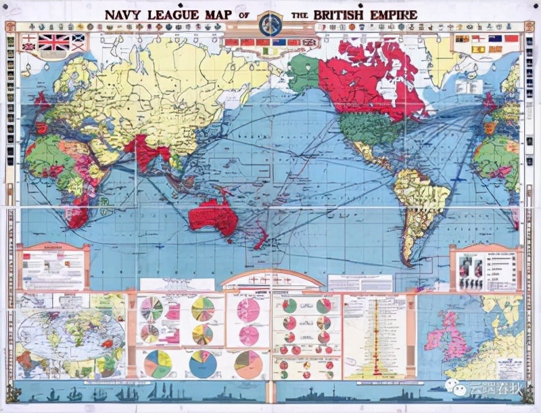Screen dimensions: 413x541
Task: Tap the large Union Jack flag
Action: pos(53,43)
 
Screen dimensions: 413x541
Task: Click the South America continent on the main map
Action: pos(419,203)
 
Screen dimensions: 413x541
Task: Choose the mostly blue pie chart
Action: pos(202,364)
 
